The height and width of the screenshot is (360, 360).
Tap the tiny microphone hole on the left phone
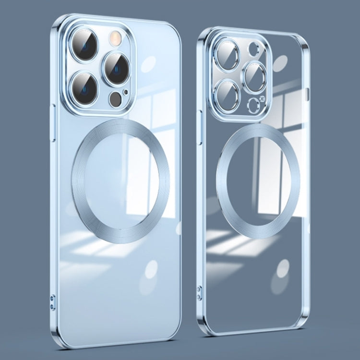[126, 91]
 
